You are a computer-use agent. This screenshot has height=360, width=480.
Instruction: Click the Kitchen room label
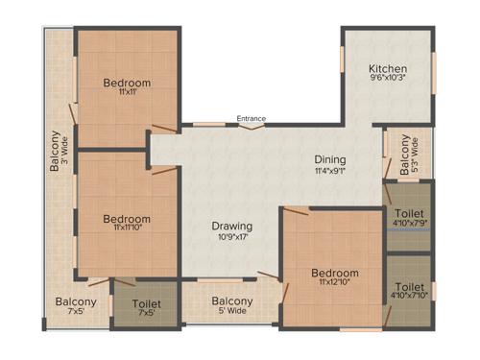click(389, 69)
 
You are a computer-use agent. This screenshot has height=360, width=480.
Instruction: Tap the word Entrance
click(252, 118)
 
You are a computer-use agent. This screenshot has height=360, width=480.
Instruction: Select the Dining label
click(329, 159)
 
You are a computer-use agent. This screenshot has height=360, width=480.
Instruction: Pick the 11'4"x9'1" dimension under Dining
click(329, 171)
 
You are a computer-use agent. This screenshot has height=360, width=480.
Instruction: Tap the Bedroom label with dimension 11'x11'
click(127, 83)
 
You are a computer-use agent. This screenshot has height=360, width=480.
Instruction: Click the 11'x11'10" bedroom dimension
click(127, 229)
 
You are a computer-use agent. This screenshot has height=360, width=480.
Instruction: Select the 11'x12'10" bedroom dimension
click(335, 284)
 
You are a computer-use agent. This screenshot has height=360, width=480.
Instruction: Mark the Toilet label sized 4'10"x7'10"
click(409, 286)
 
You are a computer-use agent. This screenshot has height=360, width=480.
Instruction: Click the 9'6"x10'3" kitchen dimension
click(389, 81)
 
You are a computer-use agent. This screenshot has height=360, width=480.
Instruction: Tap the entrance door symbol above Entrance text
click(252, 125)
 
